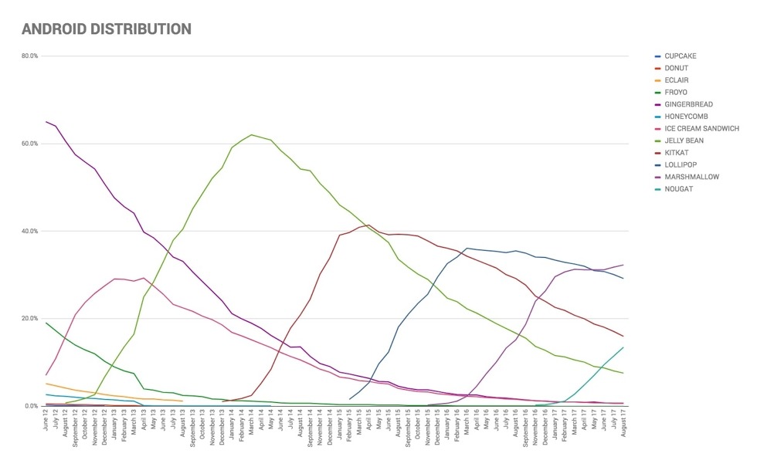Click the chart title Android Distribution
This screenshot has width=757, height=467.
106,29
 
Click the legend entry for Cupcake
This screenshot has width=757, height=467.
680,56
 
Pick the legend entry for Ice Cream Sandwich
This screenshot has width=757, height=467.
701,128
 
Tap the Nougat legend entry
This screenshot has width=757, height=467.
677,188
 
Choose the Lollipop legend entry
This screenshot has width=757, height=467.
681,164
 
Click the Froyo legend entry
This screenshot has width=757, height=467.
677,92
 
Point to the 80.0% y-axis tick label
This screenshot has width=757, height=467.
29,56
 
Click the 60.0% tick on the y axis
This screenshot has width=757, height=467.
29,144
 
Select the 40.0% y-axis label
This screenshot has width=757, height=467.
29,231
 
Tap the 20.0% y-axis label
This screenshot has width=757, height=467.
29,318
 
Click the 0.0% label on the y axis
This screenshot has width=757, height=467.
31,406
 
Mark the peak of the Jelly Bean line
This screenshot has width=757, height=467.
252,135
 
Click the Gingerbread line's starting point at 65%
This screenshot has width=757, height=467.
46,122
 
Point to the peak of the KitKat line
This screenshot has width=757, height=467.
369,225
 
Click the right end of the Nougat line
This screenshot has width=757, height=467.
623,347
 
